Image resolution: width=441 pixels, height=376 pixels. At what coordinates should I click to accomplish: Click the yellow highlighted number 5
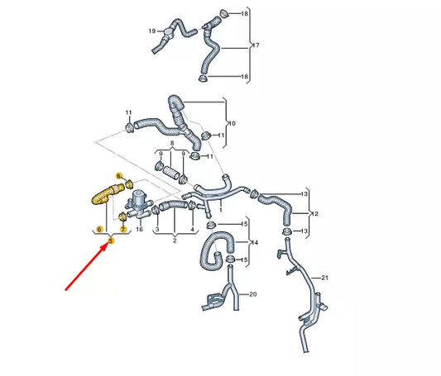111,241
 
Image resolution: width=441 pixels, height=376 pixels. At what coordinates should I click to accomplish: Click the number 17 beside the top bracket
255,46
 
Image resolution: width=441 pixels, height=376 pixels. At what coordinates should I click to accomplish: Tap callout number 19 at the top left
152,31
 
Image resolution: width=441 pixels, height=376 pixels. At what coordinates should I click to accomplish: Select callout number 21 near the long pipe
325,277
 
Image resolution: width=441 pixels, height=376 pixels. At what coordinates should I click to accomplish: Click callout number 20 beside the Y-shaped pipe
253,293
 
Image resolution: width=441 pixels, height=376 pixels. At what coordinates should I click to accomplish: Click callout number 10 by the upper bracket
232,123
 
